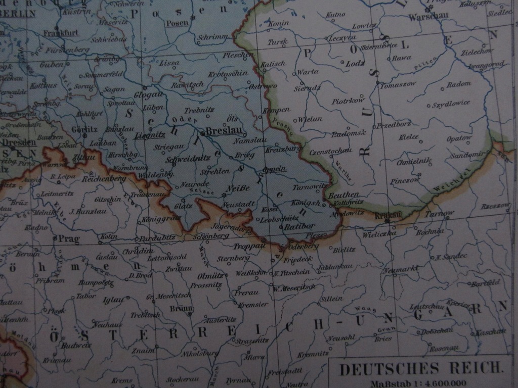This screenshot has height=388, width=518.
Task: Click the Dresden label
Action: click(x=19, y=142)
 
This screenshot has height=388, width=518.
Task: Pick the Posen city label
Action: click(x=177, y=23)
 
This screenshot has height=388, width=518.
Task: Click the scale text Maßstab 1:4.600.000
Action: click(x=418, y=383)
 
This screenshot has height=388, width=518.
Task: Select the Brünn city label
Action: click(x=181, y=309)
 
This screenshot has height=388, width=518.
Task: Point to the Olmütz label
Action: click(x=210, y=276)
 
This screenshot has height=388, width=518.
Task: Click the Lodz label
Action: click(x=355, y=64)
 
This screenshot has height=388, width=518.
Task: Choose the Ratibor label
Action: click(x=299, y=226)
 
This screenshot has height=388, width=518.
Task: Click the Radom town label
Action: click(x=459, y=84)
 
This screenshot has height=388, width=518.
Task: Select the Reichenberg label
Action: click(x=103, y=179)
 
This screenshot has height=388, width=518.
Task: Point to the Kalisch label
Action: click(x=273, y=64)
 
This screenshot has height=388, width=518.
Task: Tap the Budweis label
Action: click(x=76, y=346)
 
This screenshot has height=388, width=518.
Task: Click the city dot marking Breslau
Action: click(x=202, y=133)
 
